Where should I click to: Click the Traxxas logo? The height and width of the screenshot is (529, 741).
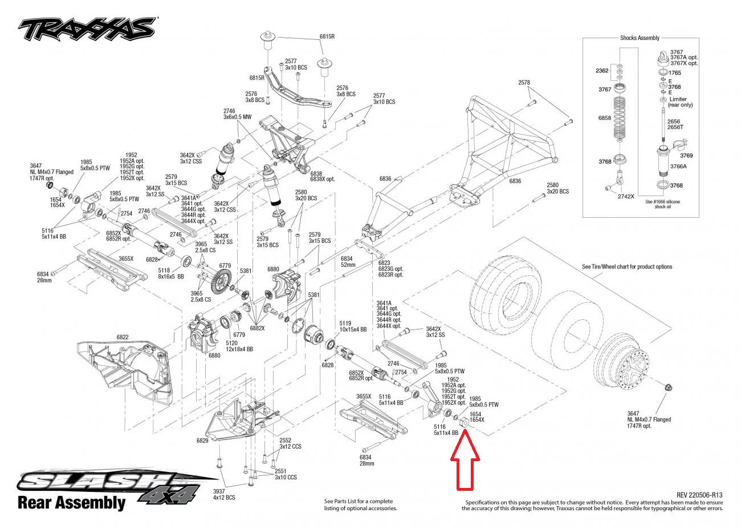point(87,27)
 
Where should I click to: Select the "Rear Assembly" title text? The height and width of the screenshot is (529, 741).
point(71,503)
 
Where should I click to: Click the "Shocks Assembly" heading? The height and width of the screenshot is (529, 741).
point(640,38)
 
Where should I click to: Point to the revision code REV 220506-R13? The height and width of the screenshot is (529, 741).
point(699,495)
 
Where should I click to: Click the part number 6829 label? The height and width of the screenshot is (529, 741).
point(203,441)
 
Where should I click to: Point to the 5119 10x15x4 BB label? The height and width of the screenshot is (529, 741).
point(352,326)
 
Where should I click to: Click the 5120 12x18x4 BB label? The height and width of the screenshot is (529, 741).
point(239,346)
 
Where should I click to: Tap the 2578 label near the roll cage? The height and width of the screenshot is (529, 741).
point(524,83)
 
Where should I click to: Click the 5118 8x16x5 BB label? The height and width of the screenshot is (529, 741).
point(164,274)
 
